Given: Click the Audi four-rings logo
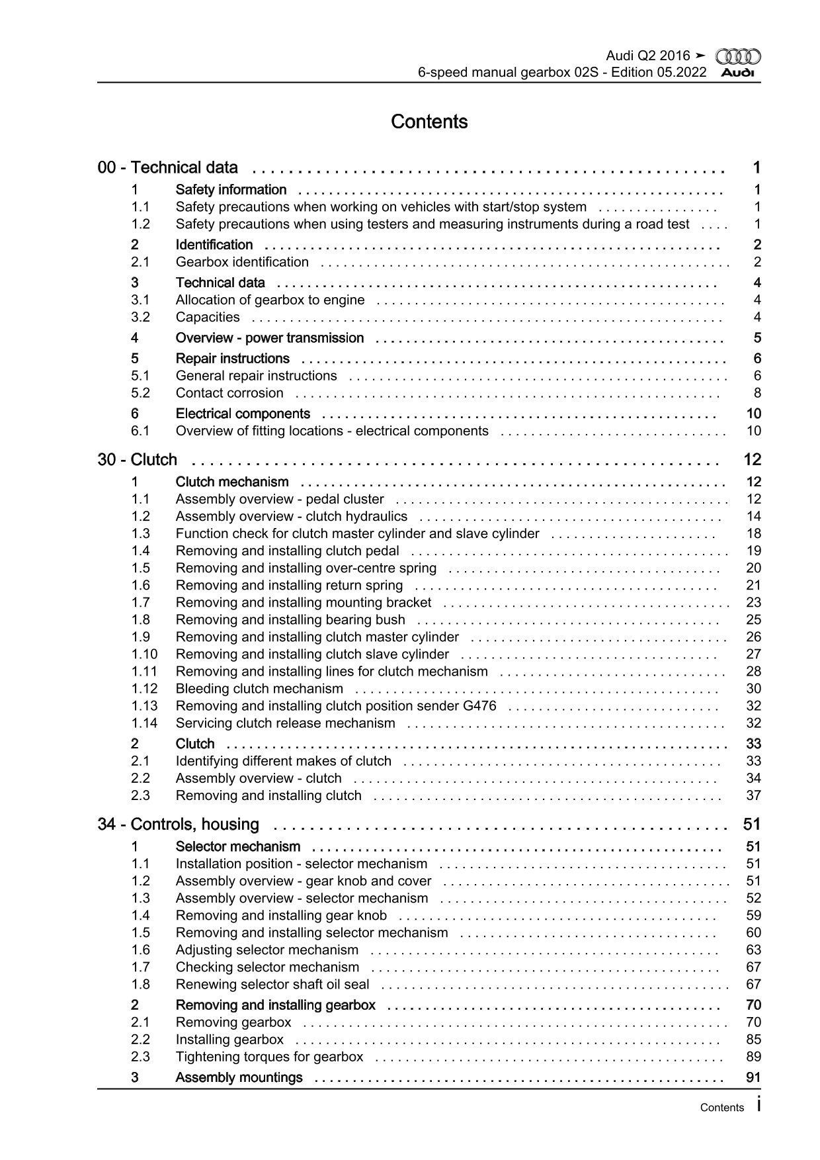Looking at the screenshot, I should click(x=738, y=57).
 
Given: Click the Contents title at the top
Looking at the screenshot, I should click(x=429, y=122).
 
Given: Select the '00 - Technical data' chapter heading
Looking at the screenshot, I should click(x=167, y=167).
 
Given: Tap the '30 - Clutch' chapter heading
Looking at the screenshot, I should click(x=137, y=460).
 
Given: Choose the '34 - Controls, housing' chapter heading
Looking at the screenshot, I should click(x=178, y=825).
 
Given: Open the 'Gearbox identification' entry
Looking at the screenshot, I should click(x=242, y=262).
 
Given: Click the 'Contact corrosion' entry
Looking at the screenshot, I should click(x=229, y=393).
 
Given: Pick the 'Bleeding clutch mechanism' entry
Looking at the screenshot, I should click(x=259, y=689).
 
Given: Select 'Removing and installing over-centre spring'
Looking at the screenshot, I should click(x=306, y=568).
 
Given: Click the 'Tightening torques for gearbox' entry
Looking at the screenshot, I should click(x=269, y=1057).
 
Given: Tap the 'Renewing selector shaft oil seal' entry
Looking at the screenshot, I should click(x=272, y=985).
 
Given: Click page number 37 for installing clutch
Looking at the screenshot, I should click(x=753, y=796).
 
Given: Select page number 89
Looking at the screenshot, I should click(x=753, y=1057).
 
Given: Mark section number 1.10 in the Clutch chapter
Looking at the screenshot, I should click(x=144, y=654).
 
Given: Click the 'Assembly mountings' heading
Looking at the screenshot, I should click(x=239, y=1078).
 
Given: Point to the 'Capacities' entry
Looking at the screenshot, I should click(x=208, y=318).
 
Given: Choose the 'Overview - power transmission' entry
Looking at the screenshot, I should click(x=269, y=338).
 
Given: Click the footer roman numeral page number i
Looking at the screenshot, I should click(x=758, y=1106).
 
